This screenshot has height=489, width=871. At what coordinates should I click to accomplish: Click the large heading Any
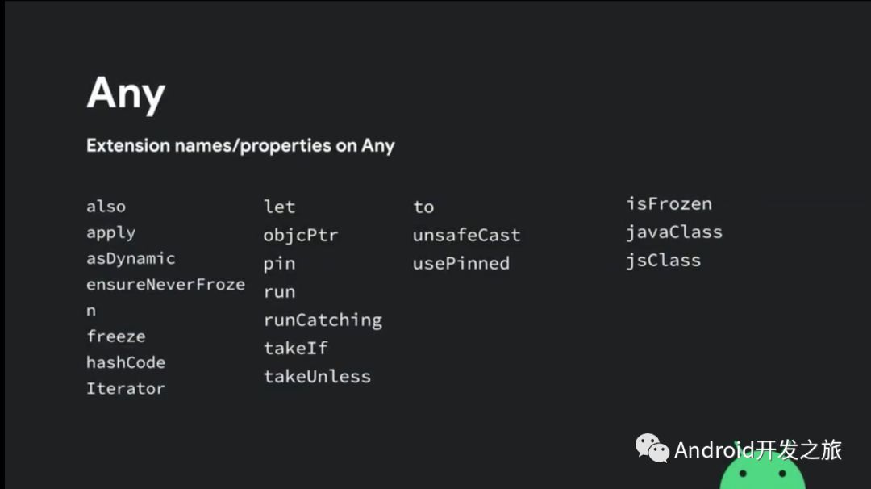(x=126, y=94)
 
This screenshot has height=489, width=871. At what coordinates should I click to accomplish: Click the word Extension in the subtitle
(x=127, y=145)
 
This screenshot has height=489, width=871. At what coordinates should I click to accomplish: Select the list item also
(x=106, y=207)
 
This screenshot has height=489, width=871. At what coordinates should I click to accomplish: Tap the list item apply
(x=111, y=233)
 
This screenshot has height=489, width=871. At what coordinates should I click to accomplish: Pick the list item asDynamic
(x=131, y=259)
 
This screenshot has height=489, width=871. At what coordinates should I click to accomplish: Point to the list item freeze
(x=116, y=336)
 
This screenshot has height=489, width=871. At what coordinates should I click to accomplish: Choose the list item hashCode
(x=126, y=362)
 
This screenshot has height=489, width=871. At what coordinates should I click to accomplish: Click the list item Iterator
(x=126, y=388)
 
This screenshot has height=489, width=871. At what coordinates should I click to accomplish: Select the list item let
(x=279, y=207)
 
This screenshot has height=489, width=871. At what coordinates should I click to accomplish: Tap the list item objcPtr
(x=301, y=236)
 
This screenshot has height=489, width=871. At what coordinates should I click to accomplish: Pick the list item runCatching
(x=323, y=320)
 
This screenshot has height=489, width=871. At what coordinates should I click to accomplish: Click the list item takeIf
(x=295, y=349)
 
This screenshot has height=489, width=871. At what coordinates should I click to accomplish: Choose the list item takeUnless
(x=317, y=377)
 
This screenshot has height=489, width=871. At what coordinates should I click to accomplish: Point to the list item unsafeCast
(x=467, y=235)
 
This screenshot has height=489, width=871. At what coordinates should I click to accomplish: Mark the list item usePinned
(x=461, y=263)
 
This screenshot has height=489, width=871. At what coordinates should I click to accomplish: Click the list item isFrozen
(x=669, y=204)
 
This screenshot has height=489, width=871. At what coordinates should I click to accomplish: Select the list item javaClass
(x=674, y=232)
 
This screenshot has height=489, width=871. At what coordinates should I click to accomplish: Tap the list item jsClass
(x=664, y=261)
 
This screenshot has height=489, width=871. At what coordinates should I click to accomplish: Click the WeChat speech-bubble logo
(x=652, y=448)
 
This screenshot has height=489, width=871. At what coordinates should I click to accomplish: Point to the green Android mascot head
(x=762, y=471)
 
